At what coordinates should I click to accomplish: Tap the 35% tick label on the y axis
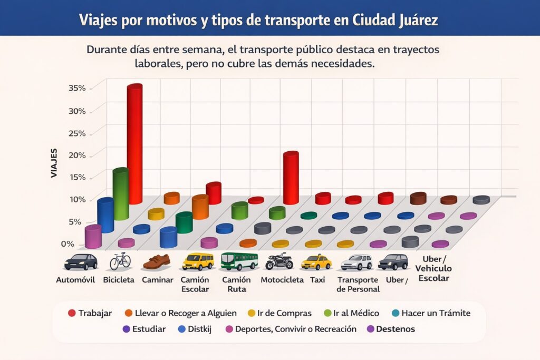pyautogui.click(x=77, y=87)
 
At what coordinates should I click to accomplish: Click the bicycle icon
pyautogui.click(x=120, y=260)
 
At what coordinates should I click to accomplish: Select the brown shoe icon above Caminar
pyautogui.click(x=157, y=261)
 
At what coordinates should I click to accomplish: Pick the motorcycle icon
pyautogui.click(x=279, y=261)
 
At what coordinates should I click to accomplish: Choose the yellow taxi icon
pyautogui.click(x=316, y=261)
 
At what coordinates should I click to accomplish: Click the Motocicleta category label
pyautogui.click(x=282, y=280)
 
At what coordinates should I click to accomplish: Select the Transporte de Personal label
pyautogui.click(x=358, y=285)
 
